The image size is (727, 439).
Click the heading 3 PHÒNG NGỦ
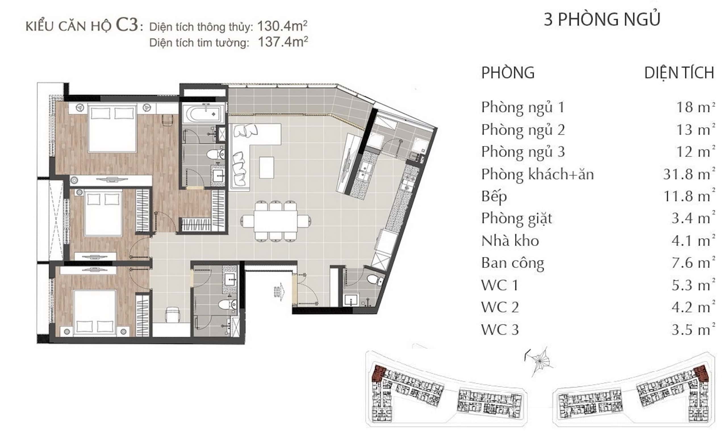pyautogui.click(x=602, y=19)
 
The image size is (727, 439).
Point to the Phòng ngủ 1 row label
pyautogui.click(x=523, y=107)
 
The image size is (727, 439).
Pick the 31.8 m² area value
pyautogui.click(x=689, y=174)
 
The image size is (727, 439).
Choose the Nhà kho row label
pyautogui.click(x=510, y=241)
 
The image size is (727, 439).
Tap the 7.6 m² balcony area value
pyautogui.click(x=693, y=263)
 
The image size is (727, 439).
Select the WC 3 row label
pyautogui.click(x=500, y=330)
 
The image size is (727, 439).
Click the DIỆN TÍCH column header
pyautogui.click(x=679, y=73)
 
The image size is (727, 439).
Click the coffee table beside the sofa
pyautogui.click(x=266, y=167)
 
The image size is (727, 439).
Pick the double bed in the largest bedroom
pyautogui.click(x=112, y=128)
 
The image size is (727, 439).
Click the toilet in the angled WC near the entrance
pyautogui.click(x=375, y=279)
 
